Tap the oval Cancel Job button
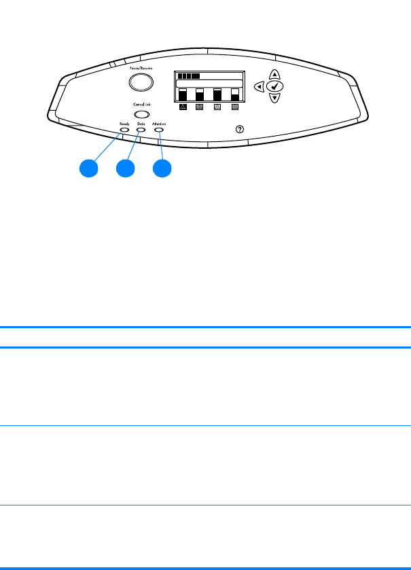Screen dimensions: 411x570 (142, 114)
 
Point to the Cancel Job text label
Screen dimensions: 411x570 (142, 104)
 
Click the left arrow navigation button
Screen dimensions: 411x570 (259, 86)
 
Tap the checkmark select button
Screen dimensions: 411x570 (275, 86)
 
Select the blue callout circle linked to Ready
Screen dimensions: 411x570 (88, 168)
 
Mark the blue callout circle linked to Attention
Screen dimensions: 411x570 (161, 168)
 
